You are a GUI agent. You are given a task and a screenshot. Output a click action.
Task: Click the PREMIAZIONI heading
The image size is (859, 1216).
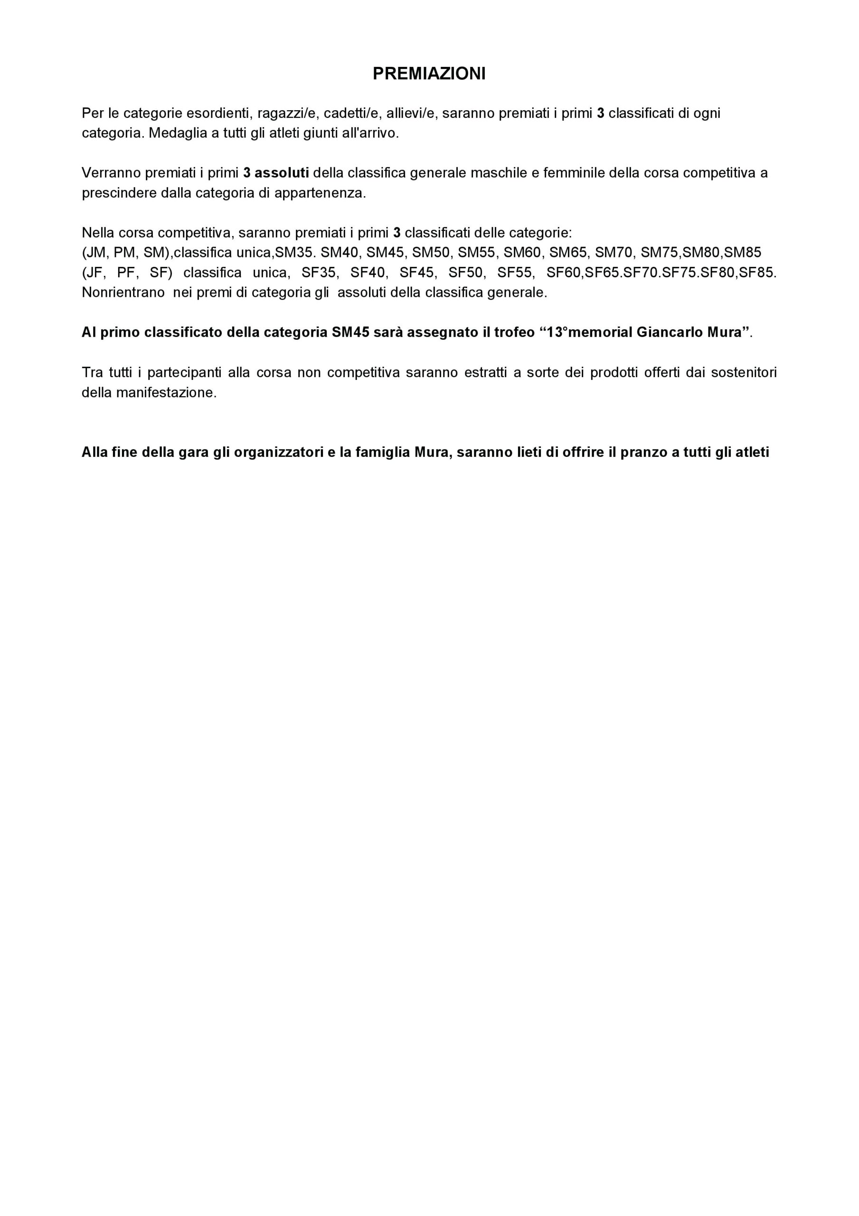429,74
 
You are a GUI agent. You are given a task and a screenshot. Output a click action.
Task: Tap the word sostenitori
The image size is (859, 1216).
744,372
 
